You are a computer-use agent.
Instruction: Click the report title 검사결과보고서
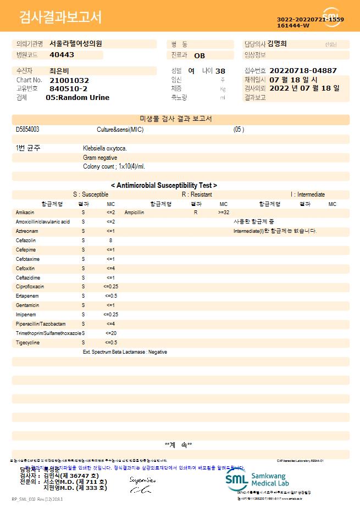(60, 18)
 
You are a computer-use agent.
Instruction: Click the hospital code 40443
(62, 55)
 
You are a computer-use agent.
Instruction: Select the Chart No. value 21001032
(69, 80)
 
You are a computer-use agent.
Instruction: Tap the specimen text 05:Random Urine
(77, 97)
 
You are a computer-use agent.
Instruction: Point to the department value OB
(200, 55)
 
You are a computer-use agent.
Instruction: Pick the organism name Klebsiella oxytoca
(105, 148)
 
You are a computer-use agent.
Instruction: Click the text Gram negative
(100, 158)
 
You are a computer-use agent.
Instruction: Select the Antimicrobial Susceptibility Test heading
(164, 186)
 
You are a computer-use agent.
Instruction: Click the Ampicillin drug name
(134, 212)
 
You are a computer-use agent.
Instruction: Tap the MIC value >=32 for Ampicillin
(224, 212)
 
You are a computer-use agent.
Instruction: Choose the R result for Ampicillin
(195, 212)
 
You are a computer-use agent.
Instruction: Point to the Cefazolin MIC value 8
(110, 240)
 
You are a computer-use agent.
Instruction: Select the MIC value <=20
(110, 333)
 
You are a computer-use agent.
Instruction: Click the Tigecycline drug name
(27, 343)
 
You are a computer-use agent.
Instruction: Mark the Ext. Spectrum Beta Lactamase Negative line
(125, 352)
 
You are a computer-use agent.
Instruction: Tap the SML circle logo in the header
(331, 17)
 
